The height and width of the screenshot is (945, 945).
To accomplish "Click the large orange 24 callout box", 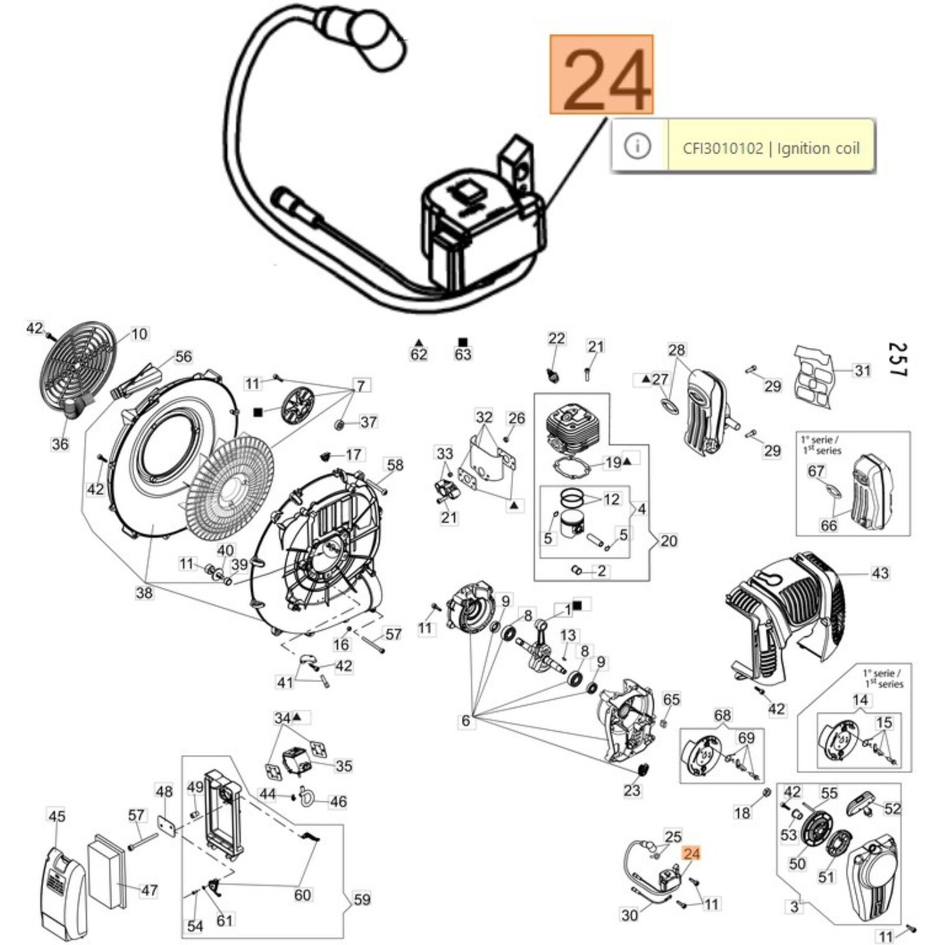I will pyautogui.click(x=601, y=74).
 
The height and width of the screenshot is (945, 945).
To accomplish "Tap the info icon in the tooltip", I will pyautogui.click(x=637, y=145).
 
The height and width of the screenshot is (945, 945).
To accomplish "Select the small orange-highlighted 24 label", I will pyautogui.click(x=691, y=853).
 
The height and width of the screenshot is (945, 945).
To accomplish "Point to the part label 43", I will pyautogui.click(x=879, y=573).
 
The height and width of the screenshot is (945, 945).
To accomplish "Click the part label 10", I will pyautogui.click(x=139, y=334).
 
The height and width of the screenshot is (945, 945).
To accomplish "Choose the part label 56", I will pyautogui.click(x=183, y=356).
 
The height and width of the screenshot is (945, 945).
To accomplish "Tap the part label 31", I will pyautogui.click(x=862, y=370).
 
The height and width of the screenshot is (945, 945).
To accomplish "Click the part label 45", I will pyautogui.click(x=56, y=816).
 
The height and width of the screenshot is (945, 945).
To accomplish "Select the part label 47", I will pyautogui.click(x=149, y=890).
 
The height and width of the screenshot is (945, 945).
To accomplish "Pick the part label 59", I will pyautogui.click(x=361, y=900).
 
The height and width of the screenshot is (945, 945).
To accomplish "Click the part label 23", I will pyautogui.click(x=631, y=790).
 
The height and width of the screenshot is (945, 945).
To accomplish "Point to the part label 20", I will pyautogui.click(x=668, y=540).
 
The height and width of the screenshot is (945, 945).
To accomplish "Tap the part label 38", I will pyautogui.click(x=144, y=592).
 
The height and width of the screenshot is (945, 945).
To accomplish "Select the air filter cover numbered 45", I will pyautogui.click(x=65, y=892).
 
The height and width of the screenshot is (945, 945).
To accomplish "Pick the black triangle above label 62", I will pyautogui.click(x=419, y=342).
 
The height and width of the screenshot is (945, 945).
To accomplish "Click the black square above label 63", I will pyautogui.click(x=463, y=342).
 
